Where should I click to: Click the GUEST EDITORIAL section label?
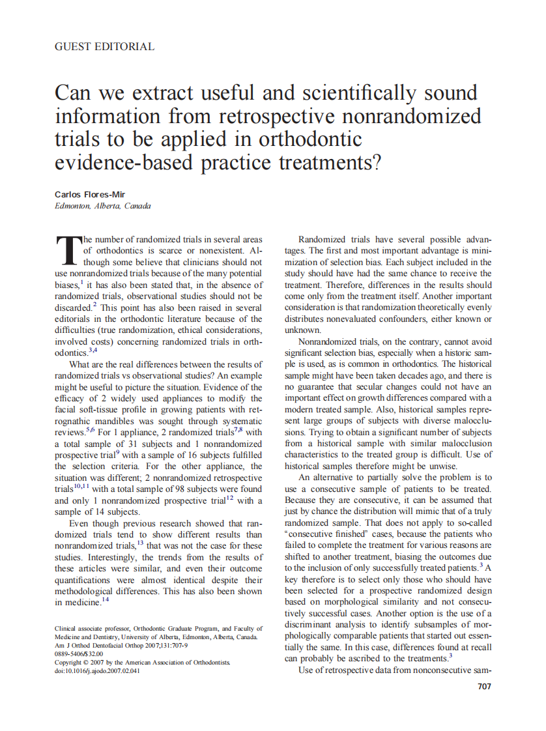[x=104, y=47]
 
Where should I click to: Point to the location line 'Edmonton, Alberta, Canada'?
[x=102, y=206]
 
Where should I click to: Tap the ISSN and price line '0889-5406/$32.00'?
[x=79, y=653]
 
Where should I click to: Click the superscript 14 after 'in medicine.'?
[x=105, y=600]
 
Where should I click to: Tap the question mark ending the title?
[x=375, y=162]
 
